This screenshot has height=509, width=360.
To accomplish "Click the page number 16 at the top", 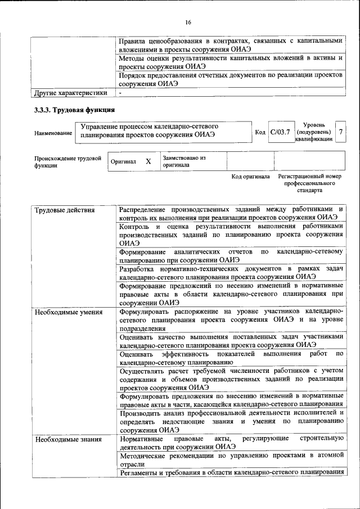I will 188,22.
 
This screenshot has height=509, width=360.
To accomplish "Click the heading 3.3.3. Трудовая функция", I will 75,110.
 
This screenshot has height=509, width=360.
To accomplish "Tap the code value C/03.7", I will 280,132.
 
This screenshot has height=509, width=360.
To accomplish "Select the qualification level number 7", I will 340,132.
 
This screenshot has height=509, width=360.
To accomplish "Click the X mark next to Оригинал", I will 148,161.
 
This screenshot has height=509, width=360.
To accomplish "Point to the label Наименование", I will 53,133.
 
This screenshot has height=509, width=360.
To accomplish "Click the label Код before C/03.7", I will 260,132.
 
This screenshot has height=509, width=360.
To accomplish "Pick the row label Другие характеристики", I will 70,93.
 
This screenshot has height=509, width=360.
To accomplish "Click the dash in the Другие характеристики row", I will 121,93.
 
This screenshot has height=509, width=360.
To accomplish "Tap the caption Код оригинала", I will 251,177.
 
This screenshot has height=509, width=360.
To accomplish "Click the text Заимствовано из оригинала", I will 184,161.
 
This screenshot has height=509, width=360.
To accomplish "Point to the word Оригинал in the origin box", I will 123,162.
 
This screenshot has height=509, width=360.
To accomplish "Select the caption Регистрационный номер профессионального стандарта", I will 310,183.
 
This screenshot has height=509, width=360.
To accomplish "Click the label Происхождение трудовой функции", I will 67,162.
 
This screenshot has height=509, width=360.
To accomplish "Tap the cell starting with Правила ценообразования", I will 231,45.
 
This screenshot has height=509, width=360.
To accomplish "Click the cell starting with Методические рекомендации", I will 231,460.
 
